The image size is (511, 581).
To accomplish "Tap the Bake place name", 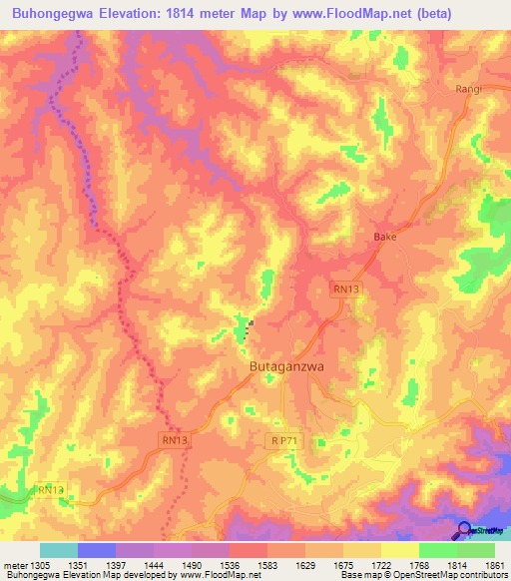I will coord(385,238).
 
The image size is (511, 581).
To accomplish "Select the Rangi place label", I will coord(469,89).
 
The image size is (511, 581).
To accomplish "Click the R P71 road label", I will coord(285,439).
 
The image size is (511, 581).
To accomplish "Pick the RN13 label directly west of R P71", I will coord(174,439).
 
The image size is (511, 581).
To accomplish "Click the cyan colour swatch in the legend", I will coord(58,549).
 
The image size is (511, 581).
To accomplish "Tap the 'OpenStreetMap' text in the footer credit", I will coord(469,576).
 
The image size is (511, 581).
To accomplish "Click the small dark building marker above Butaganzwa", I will coord(252,322).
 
